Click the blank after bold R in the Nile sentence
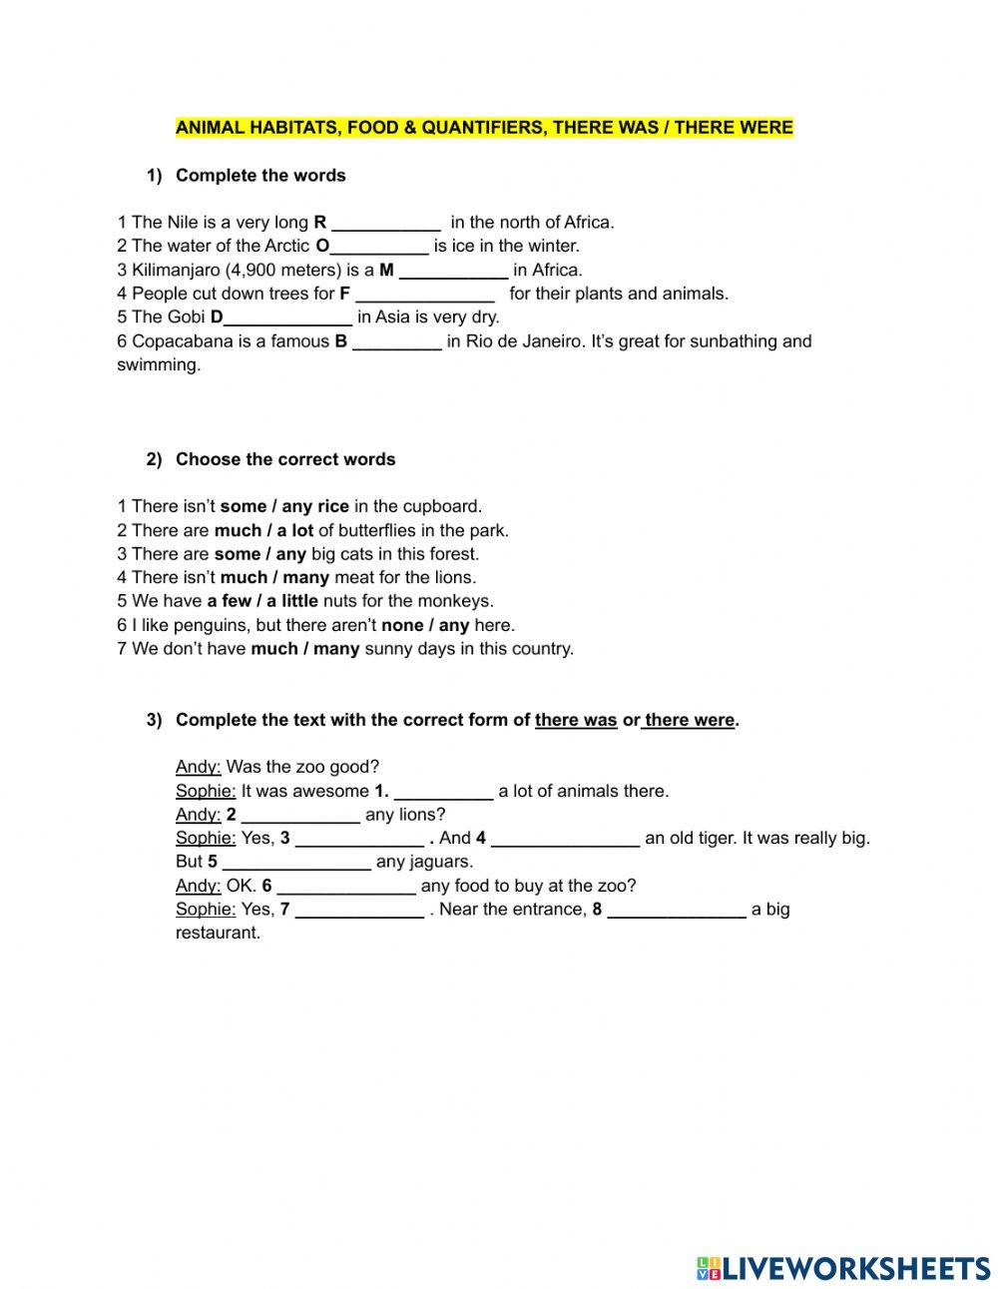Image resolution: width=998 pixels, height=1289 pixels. (x=386, y=223)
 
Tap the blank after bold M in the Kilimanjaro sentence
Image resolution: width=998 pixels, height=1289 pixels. (x=453, y=271)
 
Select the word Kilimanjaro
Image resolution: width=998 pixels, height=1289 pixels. (x=176, y=270)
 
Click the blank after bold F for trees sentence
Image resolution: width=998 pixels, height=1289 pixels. (x=425, y=295)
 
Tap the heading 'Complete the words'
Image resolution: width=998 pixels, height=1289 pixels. (x=260, y=176)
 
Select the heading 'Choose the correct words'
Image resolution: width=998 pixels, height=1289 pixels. (x=285, y=459)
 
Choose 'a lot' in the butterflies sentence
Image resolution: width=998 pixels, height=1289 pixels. (x=295, y=530)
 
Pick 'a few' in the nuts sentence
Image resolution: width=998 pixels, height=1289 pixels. (x=230, y=601)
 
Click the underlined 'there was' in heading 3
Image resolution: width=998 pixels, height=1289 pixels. (x=576, y=720)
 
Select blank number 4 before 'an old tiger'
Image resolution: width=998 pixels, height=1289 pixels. (x=565, y=839)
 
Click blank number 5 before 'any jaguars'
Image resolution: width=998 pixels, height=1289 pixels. (x=296, y=862)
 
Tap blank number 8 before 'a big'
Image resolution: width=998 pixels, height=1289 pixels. (x=677, y=910)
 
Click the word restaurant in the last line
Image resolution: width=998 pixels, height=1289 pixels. (x=218, y=934)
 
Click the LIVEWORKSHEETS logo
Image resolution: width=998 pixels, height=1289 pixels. (x=843, y=1268)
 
